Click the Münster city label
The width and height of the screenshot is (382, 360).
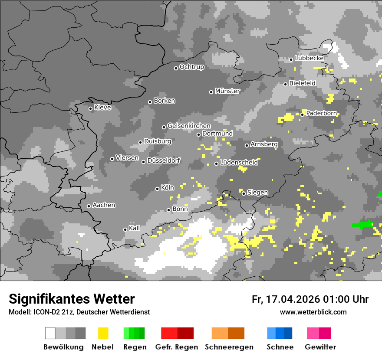pos(227,91)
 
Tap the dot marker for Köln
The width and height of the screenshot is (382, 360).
pos(158,189)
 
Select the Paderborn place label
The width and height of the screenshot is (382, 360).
pos(321,113)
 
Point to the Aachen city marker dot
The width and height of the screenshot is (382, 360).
pos(89,206)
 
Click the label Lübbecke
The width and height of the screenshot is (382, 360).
pos(309,58)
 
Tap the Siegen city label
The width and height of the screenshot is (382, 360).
pos(257,193)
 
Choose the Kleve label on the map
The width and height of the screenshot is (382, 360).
pos(102,108)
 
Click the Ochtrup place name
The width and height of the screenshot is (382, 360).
pos(191,67)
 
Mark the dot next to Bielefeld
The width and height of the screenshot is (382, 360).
pos(286,84)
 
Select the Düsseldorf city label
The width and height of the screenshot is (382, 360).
pos(164,160)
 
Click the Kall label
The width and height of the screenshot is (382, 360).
pos(135,228)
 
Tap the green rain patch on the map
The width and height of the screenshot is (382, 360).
pos(362,225)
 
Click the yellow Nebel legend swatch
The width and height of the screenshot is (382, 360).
pos(103,333)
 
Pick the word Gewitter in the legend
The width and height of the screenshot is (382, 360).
pos(320,347)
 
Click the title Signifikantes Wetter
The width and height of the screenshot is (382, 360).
pos(72,299)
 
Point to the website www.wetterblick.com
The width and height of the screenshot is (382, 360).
pos(313,312)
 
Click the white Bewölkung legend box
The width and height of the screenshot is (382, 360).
pos(50,333)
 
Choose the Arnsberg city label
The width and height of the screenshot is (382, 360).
pos(264,144)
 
